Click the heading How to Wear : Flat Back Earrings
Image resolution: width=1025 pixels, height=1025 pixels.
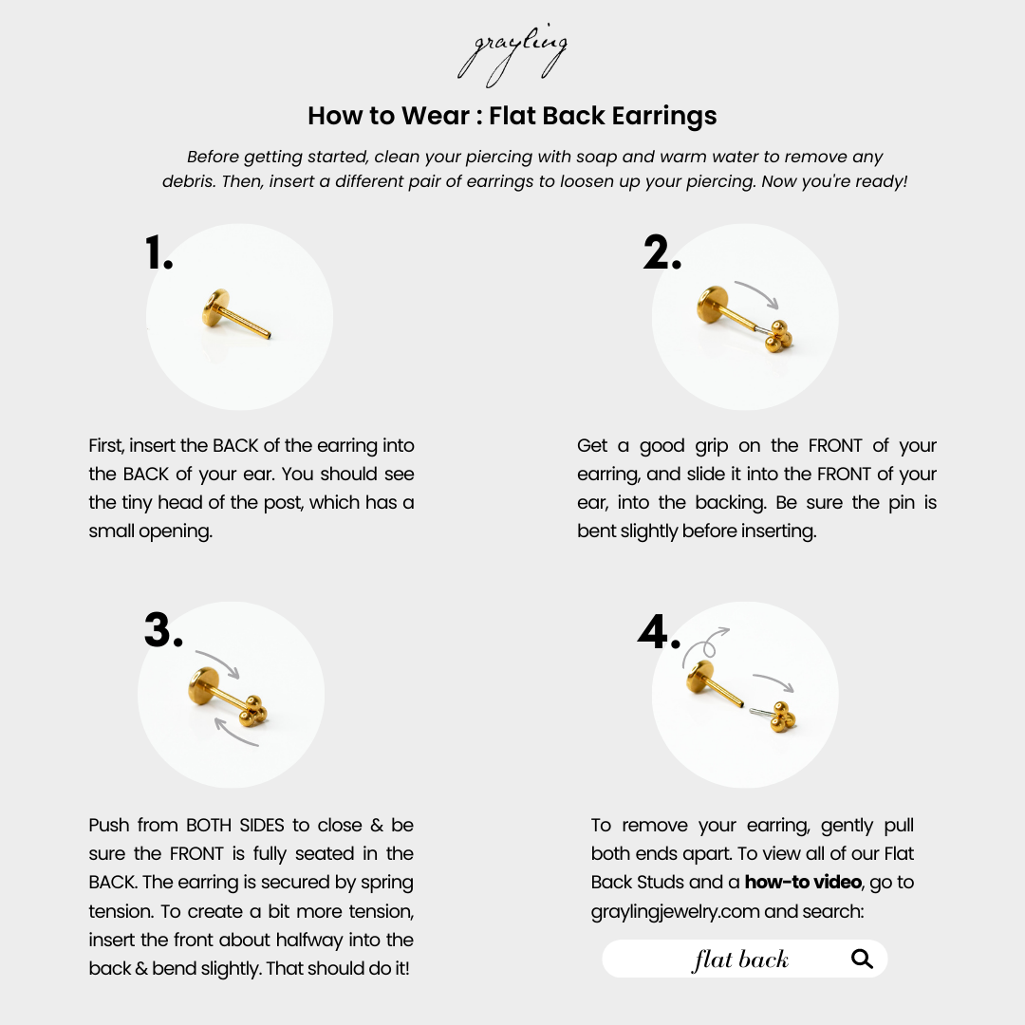[x=512, y=117]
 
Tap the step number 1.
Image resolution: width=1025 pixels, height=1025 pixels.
[x=158, y=253]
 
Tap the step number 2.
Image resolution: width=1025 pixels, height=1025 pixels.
[x=662, y=253]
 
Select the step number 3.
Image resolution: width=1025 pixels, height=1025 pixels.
[x=163, y=630]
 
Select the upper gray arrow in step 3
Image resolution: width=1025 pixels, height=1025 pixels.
[x=217, y=662]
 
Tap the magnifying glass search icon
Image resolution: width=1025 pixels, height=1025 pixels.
[x=862, y=960]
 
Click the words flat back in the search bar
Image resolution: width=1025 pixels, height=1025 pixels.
[x=740, y=960]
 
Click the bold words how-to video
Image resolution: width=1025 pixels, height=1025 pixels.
[x=803, y=883]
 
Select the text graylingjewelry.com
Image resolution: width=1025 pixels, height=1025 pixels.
[x=673, y=911]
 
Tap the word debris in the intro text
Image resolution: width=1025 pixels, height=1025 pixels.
[x=187, y=181]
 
